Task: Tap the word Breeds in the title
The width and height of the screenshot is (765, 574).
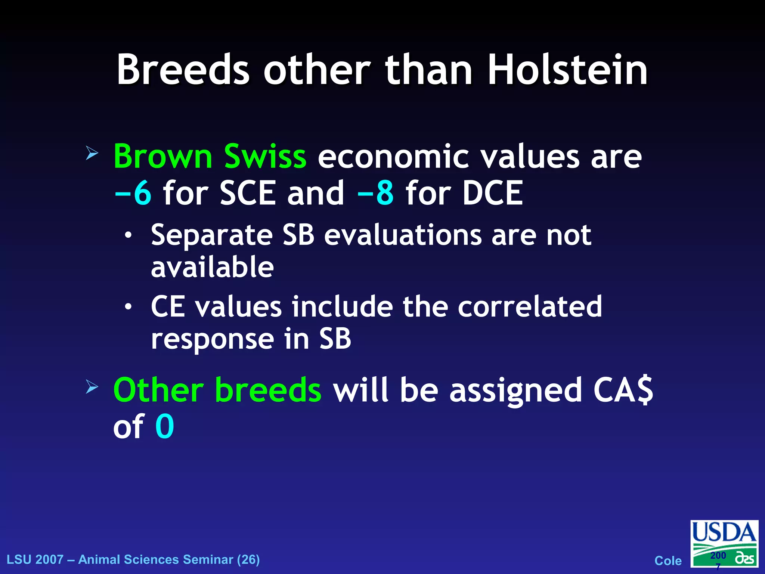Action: click(x=183, y=70)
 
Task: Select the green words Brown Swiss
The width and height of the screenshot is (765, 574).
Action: click(x=210, y=156)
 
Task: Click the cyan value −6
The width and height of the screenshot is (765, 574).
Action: click(x=133, y=193)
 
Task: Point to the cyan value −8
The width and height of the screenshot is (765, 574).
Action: click(x=375, y=193)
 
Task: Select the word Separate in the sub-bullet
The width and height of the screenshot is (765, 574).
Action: click(x=212, y=235)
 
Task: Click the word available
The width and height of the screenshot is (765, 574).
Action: click(x=212, y=267)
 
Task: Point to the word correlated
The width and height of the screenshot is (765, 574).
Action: click(x=530, y=306)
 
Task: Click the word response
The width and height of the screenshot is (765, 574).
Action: click(x=212, y=339)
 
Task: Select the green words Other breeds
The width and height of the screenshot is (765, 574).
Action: click(x=217, y=390)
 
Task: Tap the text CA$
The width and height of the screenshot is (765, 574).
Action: click(x=623, y=390)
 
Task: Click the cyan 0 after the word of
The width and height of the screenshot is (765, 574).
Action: click(x=165, y=426)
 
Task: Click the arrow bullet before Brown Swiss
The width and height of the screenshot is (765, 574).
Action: click(x=92, y=153)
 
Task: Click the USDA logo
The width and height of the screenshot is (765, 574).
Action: click(x=724, y=544)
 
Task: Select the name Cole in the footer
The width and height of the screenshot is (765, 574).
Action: click(x=668, y=561)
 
